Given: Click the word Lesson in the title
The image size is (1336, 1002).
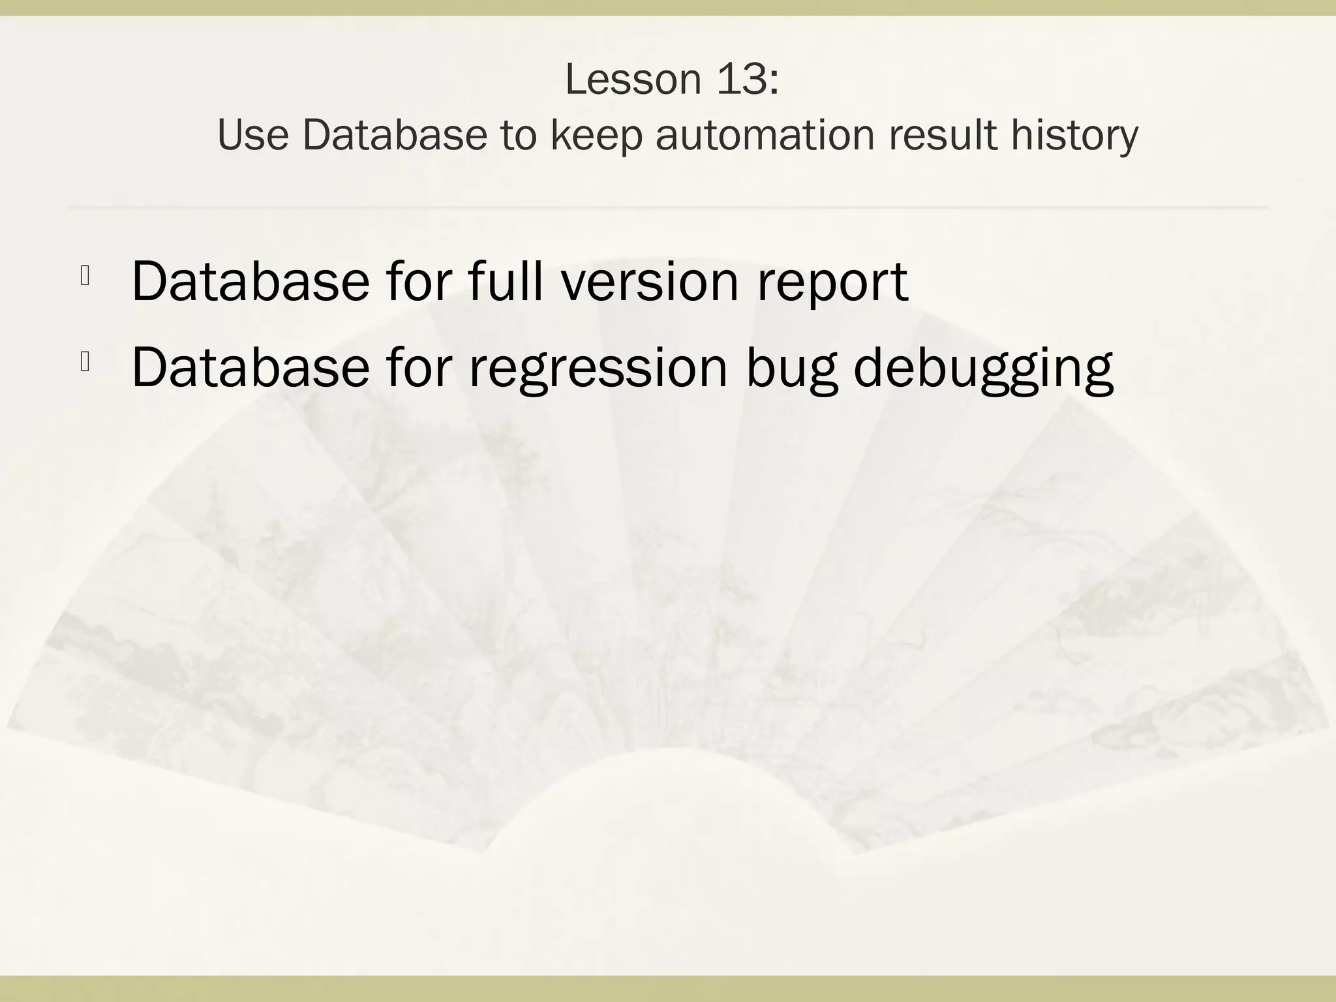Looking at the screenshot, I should [x=630, y=80].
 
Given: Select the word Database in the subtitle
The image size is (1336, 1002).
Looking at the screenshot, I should [x=395, y=136].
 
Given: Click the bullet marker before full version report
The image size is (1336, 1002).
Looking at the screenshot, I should [x=85, y=277].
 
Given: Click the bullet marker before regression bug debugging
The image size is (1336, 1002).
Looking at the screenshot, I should [x=85, y=362].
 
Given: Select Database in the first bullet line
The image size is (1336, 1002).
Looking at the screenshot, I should [x=250, y=282].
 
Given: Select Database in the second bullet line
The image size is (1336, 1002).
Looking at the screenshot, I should [x=250, y=367].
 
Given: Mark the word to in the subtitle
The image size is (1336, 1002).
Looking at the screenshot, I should [x=519, y=136].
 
